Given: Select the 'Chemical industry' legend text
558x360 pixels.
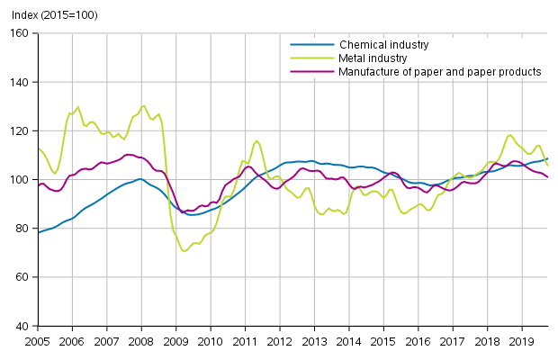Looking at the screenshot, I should pos(383,44).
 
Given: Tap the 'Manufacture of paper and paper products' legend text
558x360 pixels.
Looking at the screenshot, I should pos(440,71).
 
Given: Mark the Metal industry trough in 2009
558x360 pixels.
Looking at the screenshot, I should pos(184,251).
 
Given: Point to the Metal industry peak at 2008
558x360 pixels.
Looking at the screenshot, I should pos(143,105).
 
